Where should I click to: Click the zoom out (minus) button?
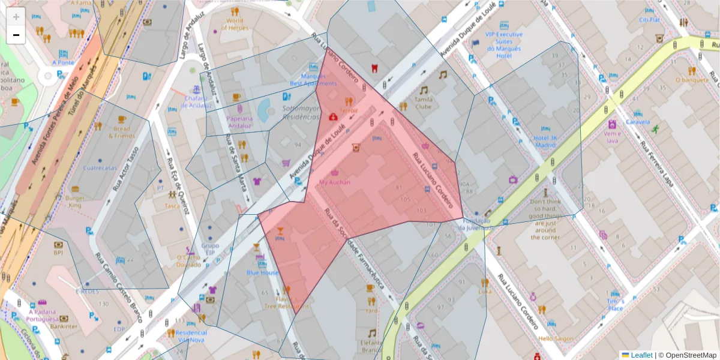[x=16, y=35]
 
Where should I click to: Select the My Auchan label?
[x=335, y=182]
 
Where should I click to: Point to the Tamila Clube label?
[x=424, y=103]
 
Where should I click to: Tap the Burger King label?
[x=74, y=201]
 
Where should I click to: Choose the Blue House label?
[x=262, y=272]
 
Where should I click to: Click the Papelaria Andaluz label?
[x=239, y=122]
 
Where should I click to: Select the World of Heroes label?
[x=235, y=24]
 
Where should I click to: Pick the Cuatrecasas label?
[x=100, y=168]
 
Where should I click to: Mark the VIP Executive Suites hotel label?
[x=503, y=45]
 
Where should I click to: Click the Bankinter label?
[x=65, y=326]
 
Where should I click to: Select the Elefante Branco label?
[x=372, y=346]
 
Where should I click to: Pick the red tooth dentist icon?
[x=376, y=68]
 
